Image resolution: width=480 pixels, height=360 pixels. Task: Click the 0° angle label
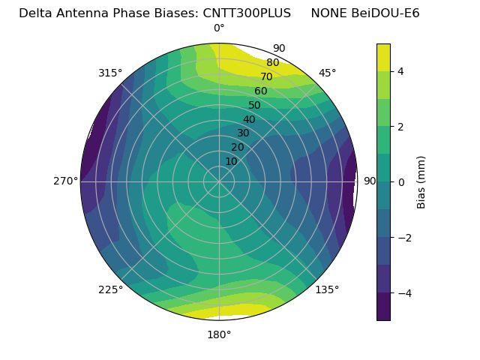[x=219, y=28]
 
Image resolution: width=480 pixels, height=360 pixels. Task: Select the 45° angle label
[x=327, y=73]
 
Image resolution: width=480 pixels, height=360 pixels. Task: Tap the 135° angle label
[x=327, y=289]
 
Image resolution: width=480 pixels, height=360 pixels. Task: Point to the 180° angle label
[x=219, y=334]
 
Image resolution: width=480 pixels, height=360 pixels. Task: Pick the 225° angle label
[x=110, y=289]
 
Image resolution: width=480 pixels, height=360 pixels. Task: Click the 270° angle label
[x=65, y=181]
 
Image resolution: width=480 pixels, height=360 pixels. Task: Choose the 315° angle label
[x=110, y=73]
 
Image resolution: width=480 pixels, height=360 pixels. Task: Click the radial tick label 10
[x=231, y=161]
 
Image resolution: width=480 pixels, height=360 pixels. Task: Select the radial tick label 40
[x=249, y=119]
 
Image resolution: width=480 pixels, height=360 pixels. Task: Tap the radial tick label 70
[x=266, y=76]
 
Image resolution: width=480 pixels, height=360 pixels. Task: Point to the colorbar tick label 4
[x=400, y=71]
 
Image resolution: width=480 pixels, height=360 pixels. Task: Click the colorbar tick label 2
[x=400, y=127]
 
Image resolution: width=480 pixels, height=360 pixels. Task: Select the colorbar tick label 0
[x=400, y=182]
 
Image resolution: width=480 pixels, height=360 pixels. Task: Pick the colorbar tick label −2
[x=403, y=238]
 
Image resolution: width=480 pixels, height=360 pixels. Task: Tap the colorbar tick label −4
[x=403, y=293]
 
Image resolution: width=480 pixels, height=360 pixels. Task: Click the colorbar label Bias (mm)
[x=421, y=182]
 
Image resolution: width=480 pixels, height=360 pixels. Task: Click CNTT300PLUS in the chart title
[x=247, y=13]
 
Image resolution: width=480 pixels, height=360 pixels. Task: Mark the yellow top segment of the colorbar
[x=383, y=57]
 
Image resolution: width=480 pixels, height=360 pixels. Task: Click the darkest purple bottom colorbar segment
[x=383, y=307]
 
